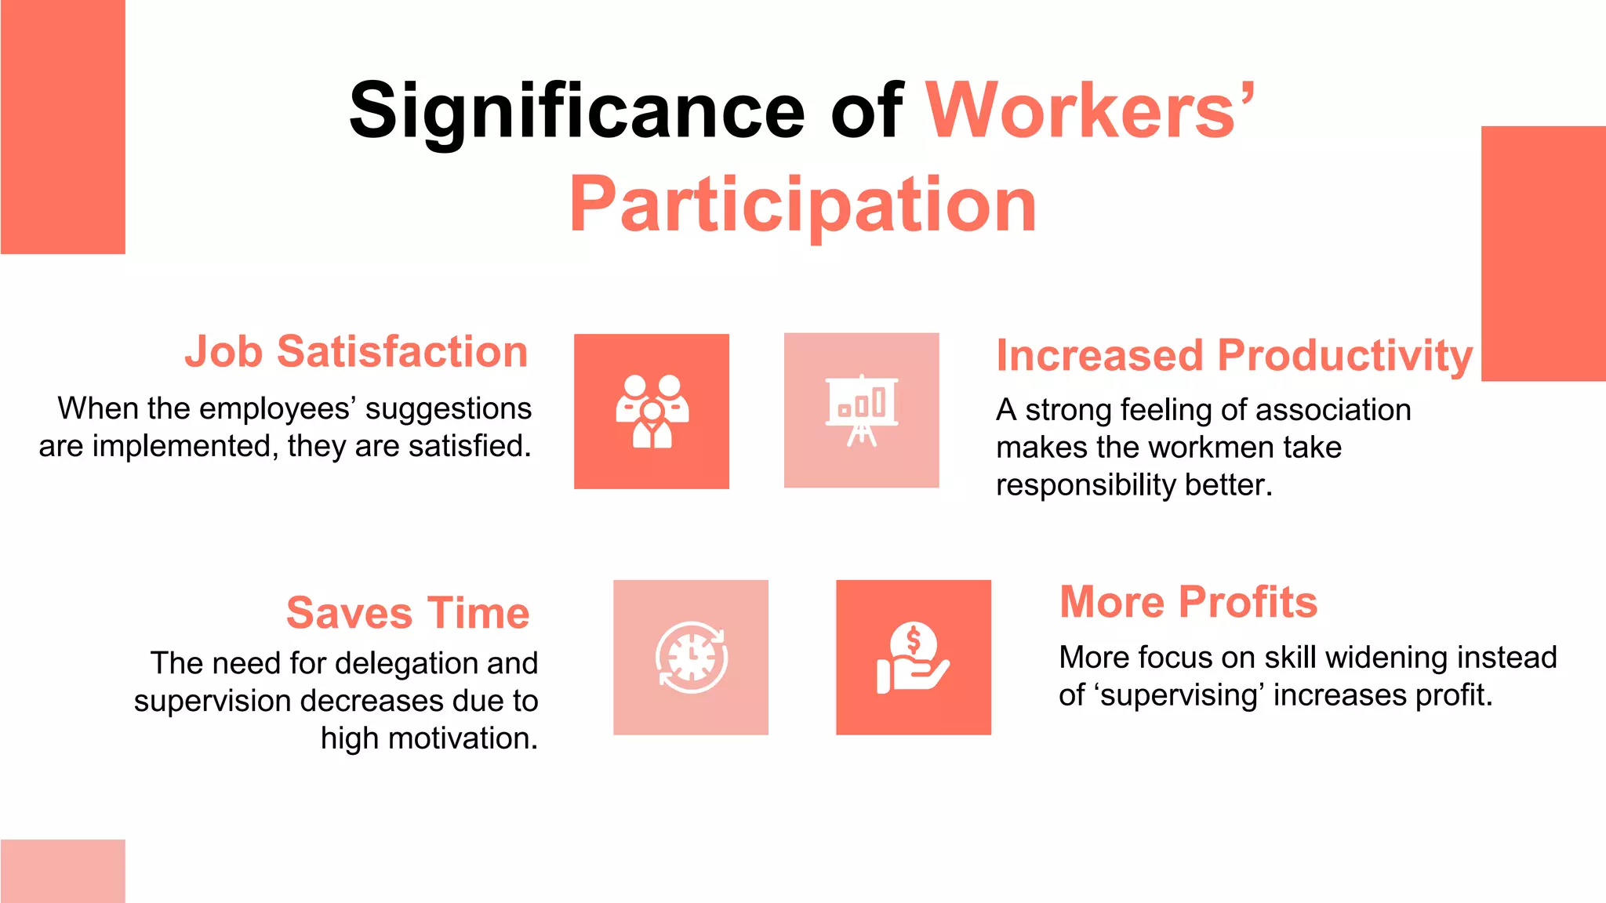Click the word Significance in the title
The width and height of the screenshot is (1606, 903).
pyautogui.click(x=576, y=111)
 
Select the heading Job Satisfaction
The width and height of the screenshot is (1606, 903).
pyautogui.click(x=356, y=351)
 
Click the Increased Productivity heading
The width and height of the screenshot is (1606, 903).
pyautogui.click(x=1234, y=355)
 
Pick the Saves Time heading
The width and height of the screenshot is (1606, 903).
pyautogui.click(x=408, y=612)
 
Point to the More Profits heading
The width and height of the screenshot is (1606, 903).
pyautogui.click(x=1188, y=602)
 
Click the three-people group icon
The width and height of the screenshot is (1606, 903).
pyautogui.click(x=652, y=412)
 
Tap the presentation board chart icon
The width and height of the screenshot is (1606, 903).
pyautogui.click(x=861, y=410)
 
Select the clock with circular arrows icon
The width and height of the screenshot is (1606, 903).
pyautogui.click(x=691, y=657)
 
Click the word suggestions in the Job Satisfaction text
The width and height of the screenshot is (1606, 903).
pyautogui.click(x=449, y=409)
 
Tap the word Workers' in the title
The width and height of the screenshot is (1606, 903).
pyautogui.click(x=1090, y=111)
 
